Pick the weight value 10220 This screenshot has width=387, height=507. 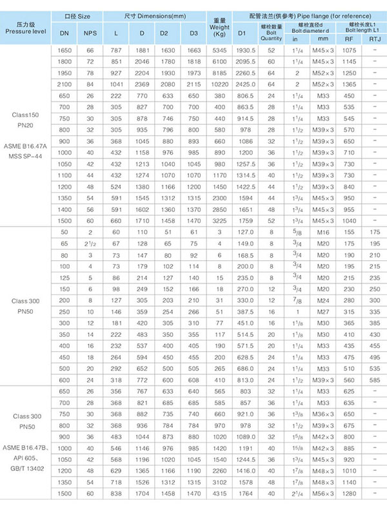pyautogui.click(x=219, y=83)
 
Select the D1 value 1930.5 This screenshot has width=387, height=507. pyautogui.click(x=247, y=49)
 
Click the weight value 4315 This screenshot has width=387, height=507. pyautogui.click(x=219, y=493)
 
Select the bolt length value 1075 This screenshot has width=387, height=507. pyautogui.click(x=350, y=49)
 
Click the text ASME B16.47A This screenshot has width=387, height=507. pyautogui.click(x=25, y=147)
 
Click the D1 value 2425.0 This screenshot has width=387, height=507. pyautogui.click(x=247, y=83)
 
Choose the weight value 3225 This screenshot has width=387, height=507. pyautogui.click(x=219, y=220)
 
